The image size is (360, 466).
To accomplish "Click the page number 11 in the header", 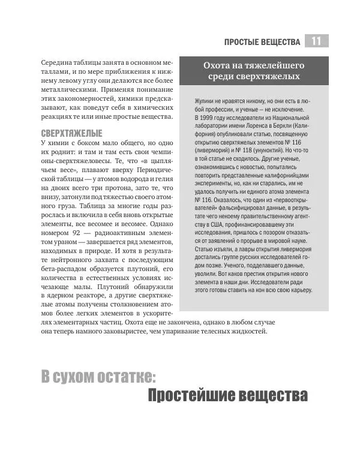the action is pyautogui.click(x=316, y=41).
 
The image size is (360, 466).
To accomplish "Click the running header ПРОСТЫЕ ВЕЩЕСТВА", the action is pyautogui.click(x=262, y=42).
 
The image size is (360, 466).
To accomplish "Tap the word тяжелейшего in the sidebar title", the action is pyautogui.click(x=276, y=65).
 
